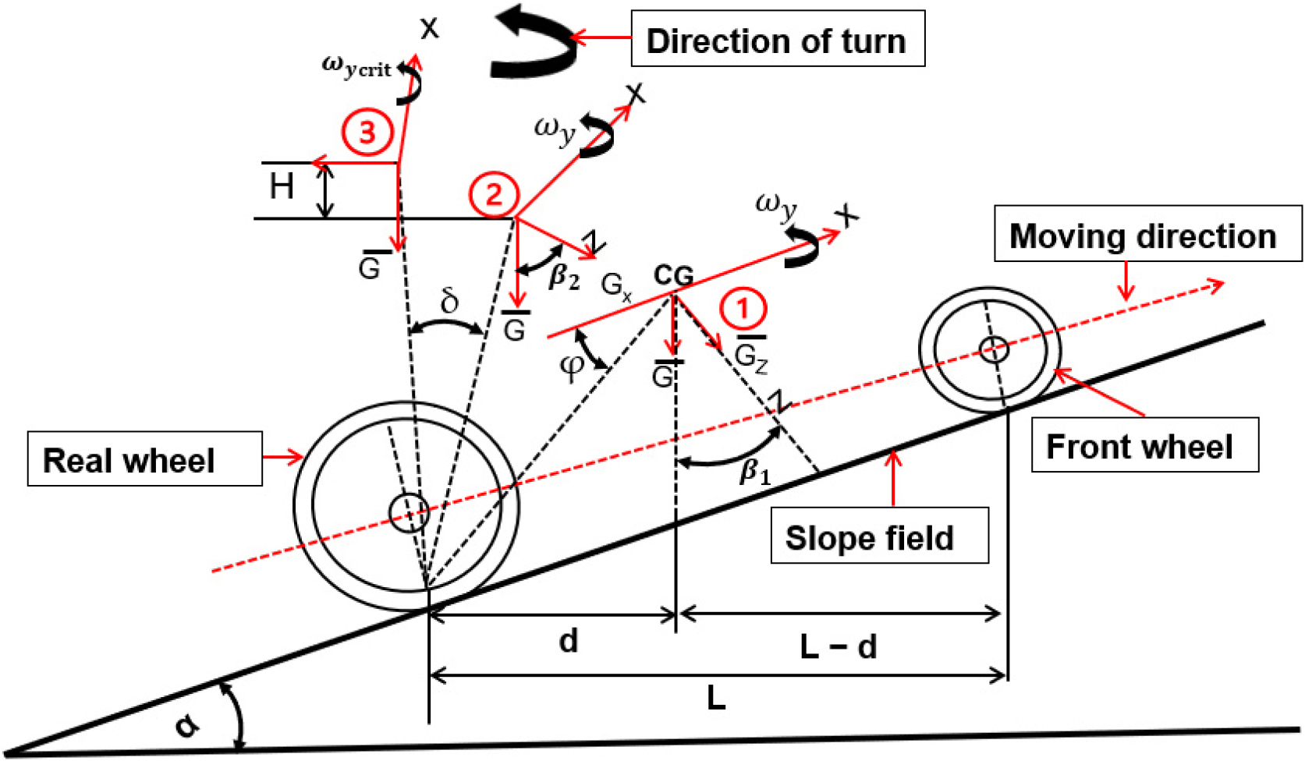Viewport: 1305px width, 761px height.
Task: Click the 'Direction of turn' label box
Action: (777, 39)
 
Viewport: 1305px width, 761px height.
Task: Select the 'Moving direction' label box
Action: (1147, 234)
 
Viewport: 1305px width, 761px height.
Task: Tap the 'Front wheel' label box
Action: (1144, 445)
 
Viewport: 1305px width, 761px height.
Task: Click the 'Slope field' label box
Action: (878, 536)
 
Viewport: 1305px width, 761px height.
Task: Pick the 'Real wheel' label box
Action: (144, 459)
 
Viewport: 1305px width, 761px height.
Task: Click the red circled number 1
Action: (743, 309)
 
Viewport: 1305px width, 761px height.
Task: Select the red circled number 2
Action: (494, 194)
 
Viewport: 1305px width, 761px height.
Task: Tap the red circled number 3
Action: (366, 133)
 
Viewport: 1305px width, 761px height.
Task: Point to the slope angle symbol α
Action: (187, 725)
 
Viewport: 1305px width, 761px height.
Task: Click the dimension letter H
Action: (282, 187)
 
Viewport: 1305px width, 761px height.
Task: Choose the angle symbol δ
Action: (449, 301)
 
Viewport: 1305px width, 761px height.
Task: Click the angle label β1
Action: (754, 473)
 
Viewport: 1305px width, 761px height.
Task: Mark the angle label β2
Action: (564, 277)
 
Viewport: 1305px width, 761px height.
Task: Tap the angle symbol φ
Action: (572, 366)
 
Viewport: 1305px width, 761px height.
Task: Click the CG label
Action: (673, 275)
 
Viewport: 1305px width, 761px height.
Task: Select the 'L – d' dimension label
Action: (839, 646)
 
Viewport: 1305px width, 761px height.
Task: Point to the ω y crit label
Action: (356, 67)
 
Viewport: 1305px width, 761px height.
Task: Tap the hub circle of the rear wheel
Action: (409, 512)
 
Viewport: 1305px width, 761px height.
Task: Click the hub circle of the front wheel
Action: (993, 349)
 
